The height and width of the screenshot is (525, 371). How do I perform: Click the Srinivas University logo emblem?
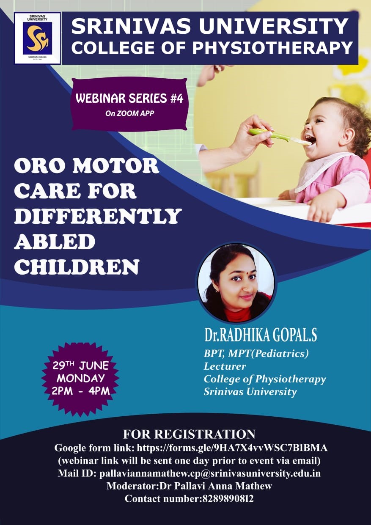tap(38, 38)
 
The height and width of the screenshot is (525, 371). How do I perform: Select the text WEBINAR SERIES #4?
tap(129, 99)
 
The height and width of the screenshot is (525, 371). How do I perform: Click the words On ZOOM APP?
tap(129, 113)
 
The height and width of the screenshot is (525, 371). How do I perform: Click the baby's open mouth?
tap(310, 140)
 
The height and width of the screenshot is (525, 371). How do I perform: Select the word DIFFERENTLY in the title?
tap(98, 216)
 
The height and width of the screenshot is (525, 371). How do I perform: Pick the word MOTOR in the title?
tap(115, 165)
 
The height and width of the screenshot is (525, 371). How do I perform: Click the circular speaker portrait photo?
tap(236, 283)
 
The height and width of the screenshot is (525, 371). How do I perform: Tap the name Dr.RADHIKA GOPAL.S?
tap(261, 335)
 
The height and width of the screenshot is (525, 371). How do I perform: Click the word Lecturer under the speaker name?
tap(225, 366)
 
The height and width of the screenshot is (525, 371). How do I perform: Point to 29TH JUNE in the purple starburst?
tap(80, 366)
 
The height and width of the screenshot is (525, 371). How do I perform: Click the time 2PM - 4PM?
tap(81, 391)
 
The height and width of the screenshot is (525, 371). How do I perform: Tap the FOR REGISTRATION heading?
tap(189, 434)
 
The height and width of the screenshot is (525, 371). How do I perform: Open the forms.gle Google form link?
tap(232, 448)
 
